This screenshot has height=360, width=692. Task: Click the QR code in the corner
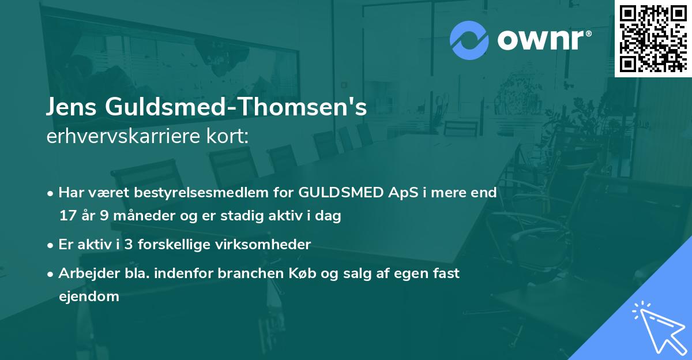653,38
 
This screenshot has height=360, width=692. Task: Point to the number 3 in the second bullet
129,245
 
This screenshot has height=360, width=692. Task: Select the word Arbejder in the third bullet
84,273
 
